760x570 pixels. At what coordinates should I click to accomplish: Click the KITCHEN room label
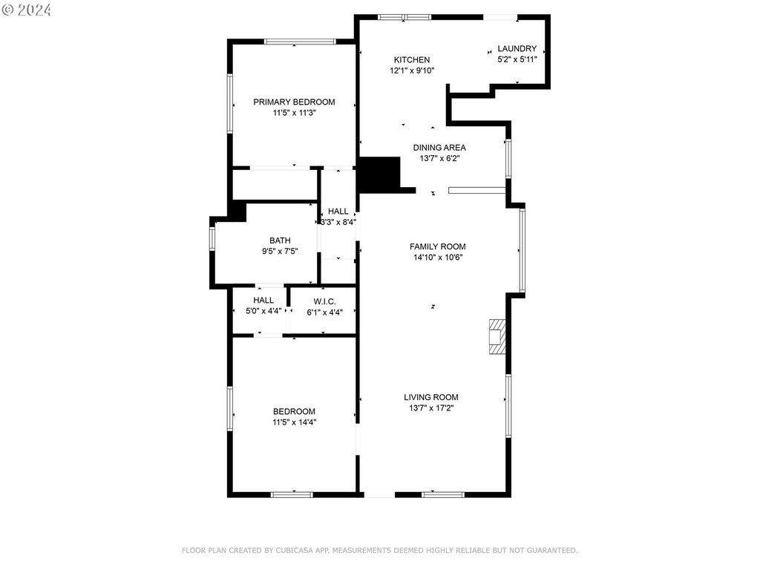pyautogui.click(x=411, y=59)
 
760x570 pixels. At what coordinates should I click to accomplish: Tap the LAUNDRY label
pyautogui.click(x=517, y=48)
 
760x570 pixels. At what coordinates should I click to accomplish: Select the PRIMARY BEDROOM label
pyautogui.click(x=294, y=102)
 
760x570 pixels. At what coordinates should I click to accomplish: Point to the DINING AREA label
pyautogui.click(x=439, y=148)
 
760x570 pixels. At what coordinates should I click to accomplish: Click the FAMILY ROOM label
pyautogui.click(x=438, y=246)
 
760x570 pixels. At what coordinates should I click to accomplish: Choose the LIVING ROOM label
pyautogui.click(x=431, y=397)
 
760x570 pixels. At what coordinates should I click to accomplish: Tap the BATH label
pyautogui.click(x=280, y=240)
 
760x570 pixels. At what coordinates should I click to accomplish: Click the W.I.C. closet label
pyautogui.click(x=324, y=301)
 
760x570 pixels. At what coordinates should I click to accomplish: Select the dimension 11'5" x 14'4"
pyautogui.click(x=294, y=422)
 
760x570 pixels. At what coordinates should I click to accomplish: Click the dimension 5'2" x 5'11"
pyautogui.click(x=517, y=59)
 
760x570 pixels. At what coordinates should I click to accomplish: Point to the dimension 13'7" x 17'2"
pyautogui.click(x=431, y=408)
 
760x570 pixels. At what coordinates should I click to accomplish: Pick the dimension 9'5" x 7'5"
pyautogui.click(x=280, y=251)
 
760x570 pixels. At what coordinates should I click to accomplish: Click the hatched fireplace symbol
pyautogui.click(x=497, y=336)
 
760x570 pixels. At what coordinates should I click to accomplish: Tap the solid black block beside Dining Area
pyautogui.click(x=379, y=174)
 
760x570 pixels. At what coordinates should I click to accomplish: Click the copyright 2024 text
pyautogui.click(x=26, y=10)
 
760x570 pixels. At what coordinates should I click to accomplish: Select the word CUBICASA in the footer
pyautogui.click(x=295, y=550)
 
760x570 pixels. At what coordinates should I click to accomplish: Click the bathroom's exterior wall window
pyautogui.click(x=212, y=239)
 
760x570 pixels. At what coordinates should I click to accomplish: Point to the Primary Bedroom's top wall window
pyautogui.click(x=300, y=42)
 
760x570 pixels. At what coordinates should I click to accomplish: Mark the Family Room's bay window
pyautogui.click(x=522, y=250)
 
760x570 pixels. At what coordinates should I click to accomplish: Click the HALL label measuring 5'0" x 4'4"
pyautogui.click(x=263, y=301)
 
